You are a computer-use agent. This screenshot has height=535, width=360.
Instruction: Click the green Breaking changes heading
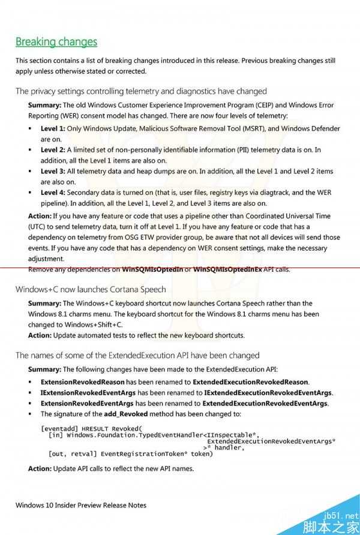[56, 42]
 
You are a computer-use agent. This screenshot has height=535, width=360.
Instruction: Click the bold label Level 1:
[53, 128]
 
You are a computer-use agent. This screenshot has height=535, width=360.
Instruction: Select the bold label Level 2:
[53, 150]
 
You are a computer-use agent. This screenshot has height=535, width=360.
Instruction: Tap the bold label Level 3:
[53, 172]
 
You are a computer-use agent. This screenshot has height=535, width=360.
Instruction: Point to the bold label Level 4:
[53, 193]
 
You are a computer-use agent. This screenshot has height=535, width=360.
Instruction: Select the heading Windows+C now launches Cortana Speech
[91, 289]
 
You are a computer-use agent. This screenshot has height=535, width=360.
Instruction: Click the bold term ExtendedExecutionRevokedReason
[250, 382]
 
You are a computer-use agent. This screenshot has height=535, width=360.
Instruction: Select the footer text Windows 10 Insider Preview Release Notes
[81, 505]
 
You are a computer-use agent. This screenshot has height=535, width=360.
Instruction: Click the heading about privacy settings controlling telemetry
[141, 91]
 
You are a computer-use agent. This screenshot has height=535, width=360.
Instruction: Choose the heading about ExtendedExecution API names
[137, 355]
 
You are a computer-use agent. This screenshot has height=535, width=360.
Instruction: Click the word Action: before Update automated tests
[40, 335]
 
